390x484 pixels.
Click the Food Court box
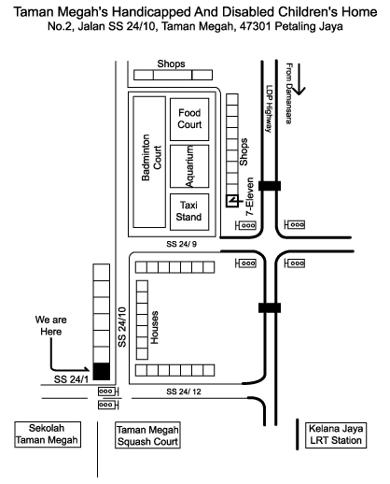[189, 120]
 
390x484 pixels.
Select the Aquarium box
[189, 166]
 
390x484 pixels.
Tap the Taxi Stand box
[189, 212]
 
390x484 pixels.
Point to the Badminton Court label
[151, 157]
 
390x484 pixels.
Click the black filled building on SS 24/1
[102, 371]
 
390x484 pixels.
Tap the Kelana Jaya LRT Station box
[336, 435]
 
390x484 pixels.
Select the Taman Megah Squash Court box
[147, 435]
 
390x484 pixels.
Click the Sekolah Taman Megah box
[48, 434]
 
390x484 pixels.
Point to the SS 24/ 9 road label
[181, 244]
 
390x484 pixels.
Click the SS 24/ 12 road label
[184, 391]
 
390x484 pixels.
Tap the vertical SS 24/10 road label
[122, 327]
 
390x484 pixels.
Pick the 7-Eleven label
[250, 196]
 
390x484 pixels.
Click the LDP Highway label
[269, 108]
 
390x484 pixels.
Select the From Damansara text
[289, 93]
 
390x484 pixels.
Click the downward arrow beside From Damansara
[299, 79]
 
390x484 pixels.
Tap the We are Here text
[50, 325]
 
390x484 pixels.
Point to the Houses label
[154, 327]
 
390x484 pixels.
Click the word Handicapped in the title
[151, 12]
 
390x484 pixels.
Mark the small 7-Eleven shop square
[232, 201]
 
